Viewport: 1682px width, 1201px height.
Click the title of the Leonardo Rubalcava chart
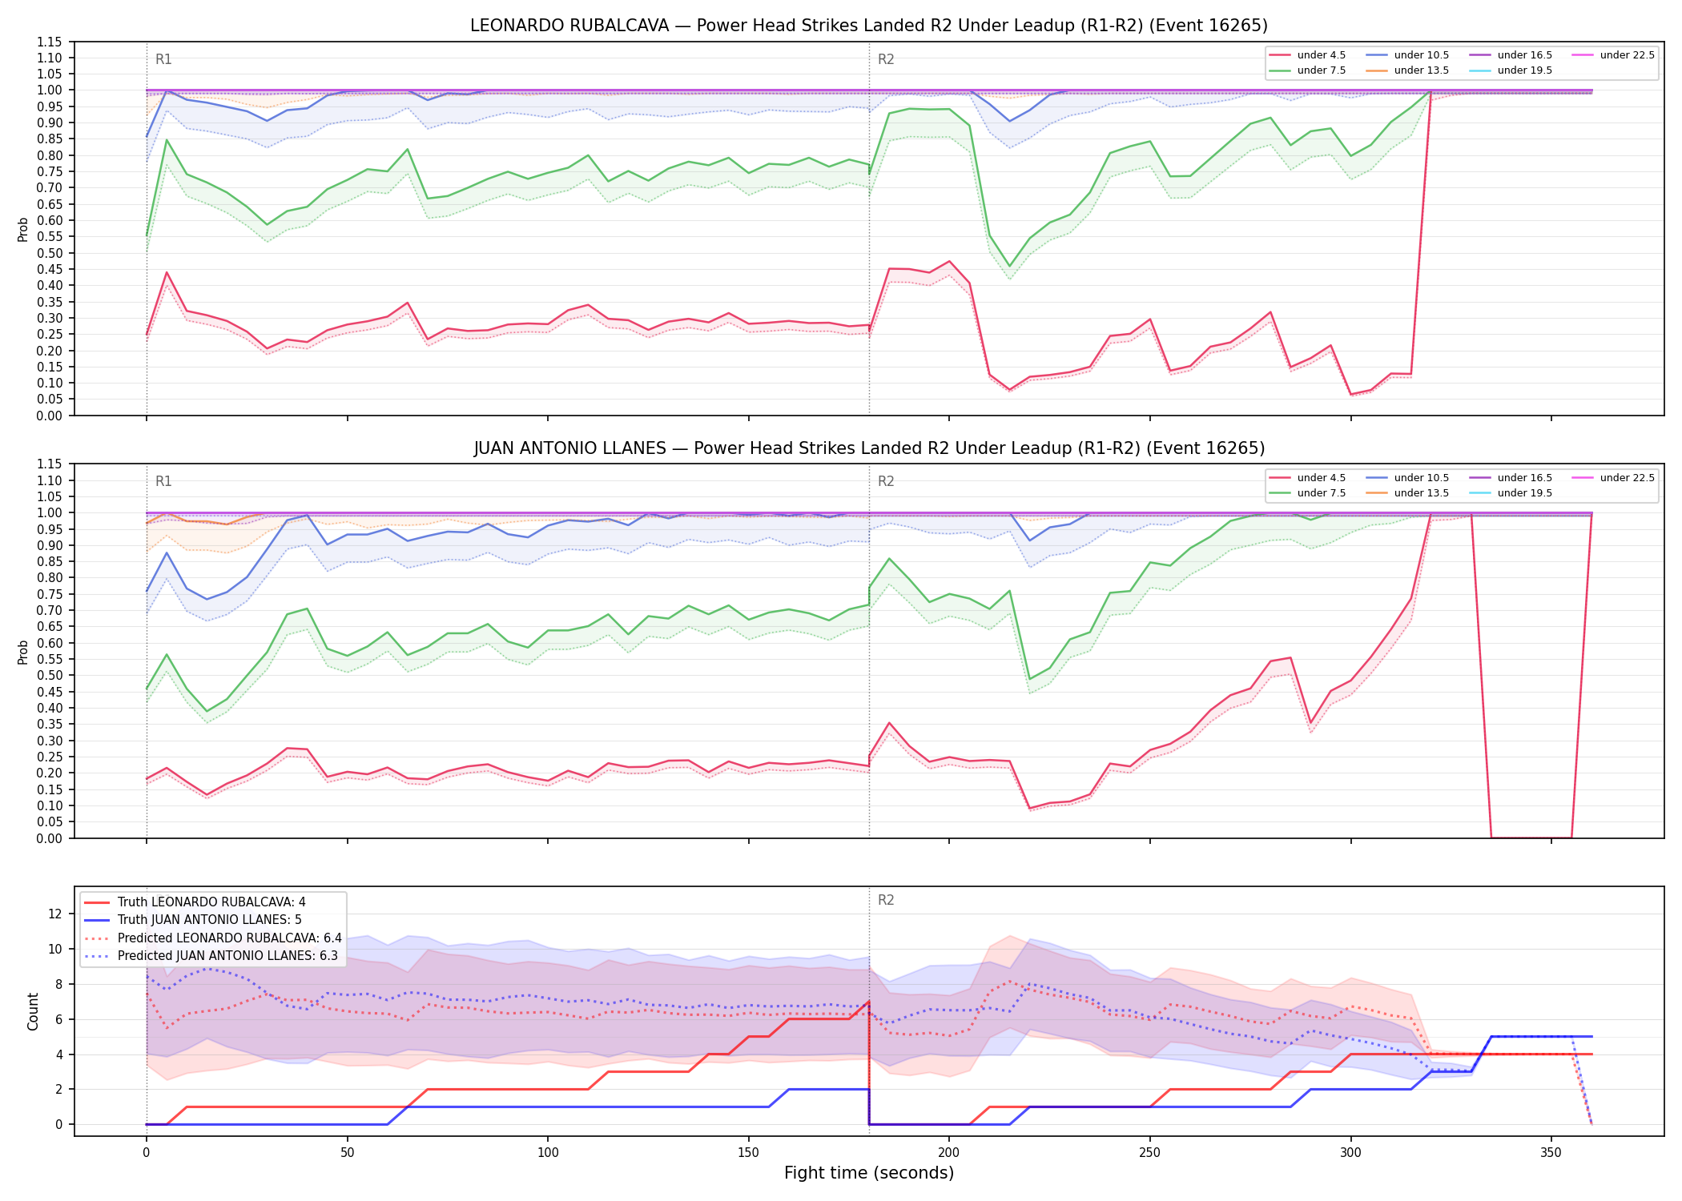click(x=869, y=26)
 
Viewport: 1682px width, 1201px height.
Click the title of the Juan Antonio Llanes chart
click(x=869, y=448)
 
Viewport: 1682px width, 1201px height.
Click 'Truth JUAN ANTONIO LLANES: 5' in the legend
click(x=209, y=920)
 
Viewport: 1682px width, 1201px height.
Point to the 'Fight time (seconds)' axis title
click(x=869, y=1173)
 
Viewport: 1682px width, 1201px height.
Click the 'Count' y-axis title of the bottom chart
click(x=33, y=1011)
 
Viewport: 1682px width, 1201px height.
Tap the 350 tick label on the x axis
click(x=1551, y=1153)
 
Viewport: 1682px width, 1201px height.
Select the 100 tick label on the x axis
click(x=548, y=1153)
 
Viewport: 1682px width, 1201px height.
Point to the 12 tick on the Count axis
click(x=55, y=914)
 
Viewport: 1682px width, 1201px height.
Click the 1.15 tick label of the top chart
click(x=50, y=42)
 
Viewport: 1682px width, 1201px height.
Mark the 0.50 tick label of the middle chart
click(x=50, y=676)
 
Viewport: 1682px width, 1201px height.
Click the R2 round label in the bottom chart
click(x=886, y=900)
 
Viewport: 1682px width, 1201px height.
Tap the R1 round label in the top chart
click(x=163, y=59)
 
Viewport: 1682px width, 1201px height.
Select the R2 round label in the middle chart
click(x=886, y=481)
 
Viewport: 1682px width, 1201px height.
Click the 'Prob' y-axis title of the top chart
click(x=23, y=229)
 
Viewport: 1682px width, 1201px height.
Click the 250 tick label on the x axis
click(x=1149, y=1153)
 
